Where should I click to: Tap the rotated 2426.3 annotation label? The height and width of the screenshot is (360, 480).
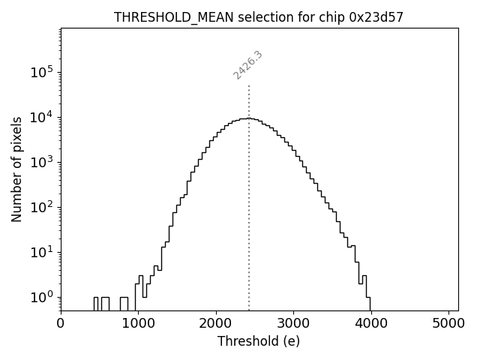point(247,64)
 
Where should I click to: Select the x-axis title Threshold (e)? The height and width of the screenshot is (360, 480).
point(259,341)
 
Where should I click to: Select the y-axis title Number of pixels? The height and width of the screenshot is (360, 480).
point(16,169)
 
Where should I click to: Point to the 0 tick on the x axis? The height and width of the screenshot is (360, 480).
point(61,323)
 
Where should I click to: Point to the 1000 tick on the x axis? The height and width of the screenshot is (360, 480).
point(138,323)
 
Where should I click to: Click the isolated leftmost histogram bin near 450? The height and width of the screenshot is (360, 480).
point(96,303)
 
